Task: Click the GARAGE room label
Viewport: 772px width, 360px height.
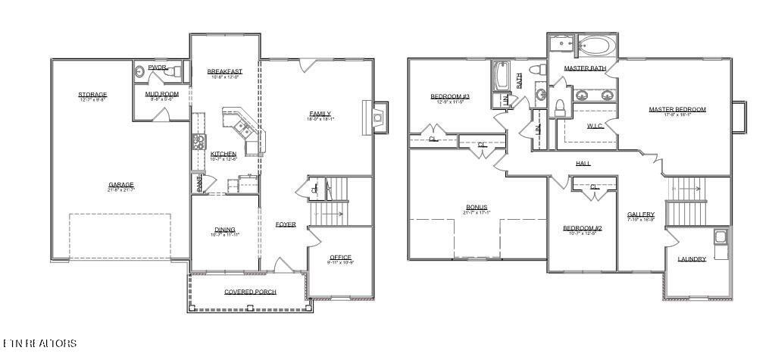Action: (120, 185)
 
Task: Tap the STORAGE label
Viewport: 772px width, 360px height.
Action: (92, 95)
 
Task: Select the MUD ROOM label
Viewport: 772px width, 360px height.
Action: (161, 94)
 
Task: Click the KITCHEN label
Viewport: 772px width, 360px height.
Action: (223, 154)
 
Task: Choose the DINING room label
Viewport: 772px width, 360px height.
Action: (224, 230)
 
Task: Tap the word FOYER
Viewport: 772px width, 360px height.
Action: (286, 224)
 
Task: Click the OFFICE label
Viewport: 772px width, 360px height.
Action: (340, 257)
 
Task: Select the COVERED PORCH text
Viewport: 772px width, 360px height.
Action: (250, 292)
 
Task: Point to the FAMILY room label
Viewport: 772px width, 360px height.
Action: (320, 114)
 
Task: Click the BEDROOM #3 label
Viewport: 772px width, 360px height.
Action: (450, 96)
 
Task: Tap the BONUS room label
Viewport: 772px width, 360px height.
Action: (477, 207)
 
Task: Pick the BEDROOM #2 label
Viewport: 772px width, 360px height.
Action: (582, 228)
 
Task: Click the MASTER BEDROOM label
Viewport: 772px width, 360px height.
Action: (677, 109)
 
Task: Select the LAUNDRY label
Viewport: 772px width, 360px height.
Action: (692, 259)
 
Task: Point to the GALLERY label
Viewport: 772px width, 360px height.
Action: (640, 214)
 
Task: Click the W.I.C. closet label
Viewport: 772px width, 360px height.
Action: (595, 126)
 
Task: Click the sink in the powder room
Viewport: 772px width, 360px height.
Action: (140, 72)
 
